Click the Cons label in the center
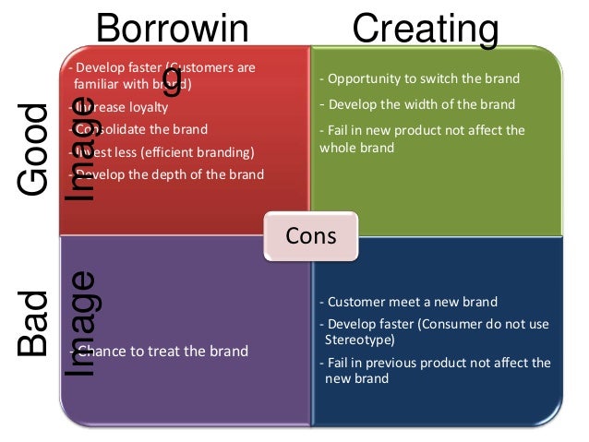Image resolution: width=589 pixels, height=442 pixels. [x=311, y=235]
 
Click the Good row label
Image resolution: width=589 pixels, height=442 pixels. [x=34, y=150]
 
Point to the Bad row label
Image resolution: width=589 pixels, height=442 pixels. [x=34, y=323]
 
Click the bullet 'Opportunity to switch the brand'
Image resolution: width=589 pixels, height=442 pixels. [x=420, y=78]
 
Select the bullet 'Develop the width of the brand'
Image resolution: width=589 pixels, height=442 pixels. [x=417, y=104]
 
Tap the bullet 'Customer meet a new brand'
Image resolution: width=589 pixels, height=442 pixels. [x=408, y=302]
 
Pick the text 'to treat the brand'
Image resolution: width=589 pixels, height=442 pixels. [x=197, y=351]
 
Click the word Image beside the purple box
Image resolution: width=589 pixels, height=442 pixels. [x=82, y=323]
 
